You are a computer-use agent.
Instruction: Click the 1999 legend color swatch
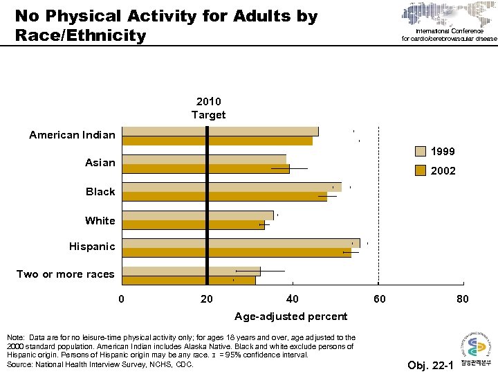click(x=421, y=152)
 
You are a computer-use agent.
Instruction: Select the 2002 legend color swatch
click(x=421, y=170)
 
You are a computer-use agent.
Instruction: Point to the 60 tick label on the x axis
click(x=378, y=299)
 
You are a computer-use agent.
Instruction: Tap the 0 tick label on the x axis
click(x=122, y=299)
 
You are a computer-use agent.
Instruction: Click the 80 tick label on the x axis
click(x=463, y=299)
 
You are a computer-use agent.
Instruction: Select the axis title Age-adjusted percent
click(x=290, y=317)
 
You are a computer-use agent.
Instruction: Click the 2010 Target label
click(x=208, y=108)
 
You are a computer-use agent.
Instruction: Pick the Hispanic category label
click(x=92, y=247)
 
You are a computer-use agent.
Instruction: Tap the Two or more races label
click(x=66, y=274)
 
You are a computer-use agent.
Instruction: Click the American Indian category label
click(x=72, y=135)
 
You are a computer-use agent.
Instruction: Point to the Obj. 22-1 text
click(x=430, y=365)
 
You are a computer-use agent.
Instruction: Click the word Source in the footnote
click(x=21, y=364)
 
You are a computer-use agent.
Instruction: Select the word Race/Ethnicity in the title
click(x=80, y=35)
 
